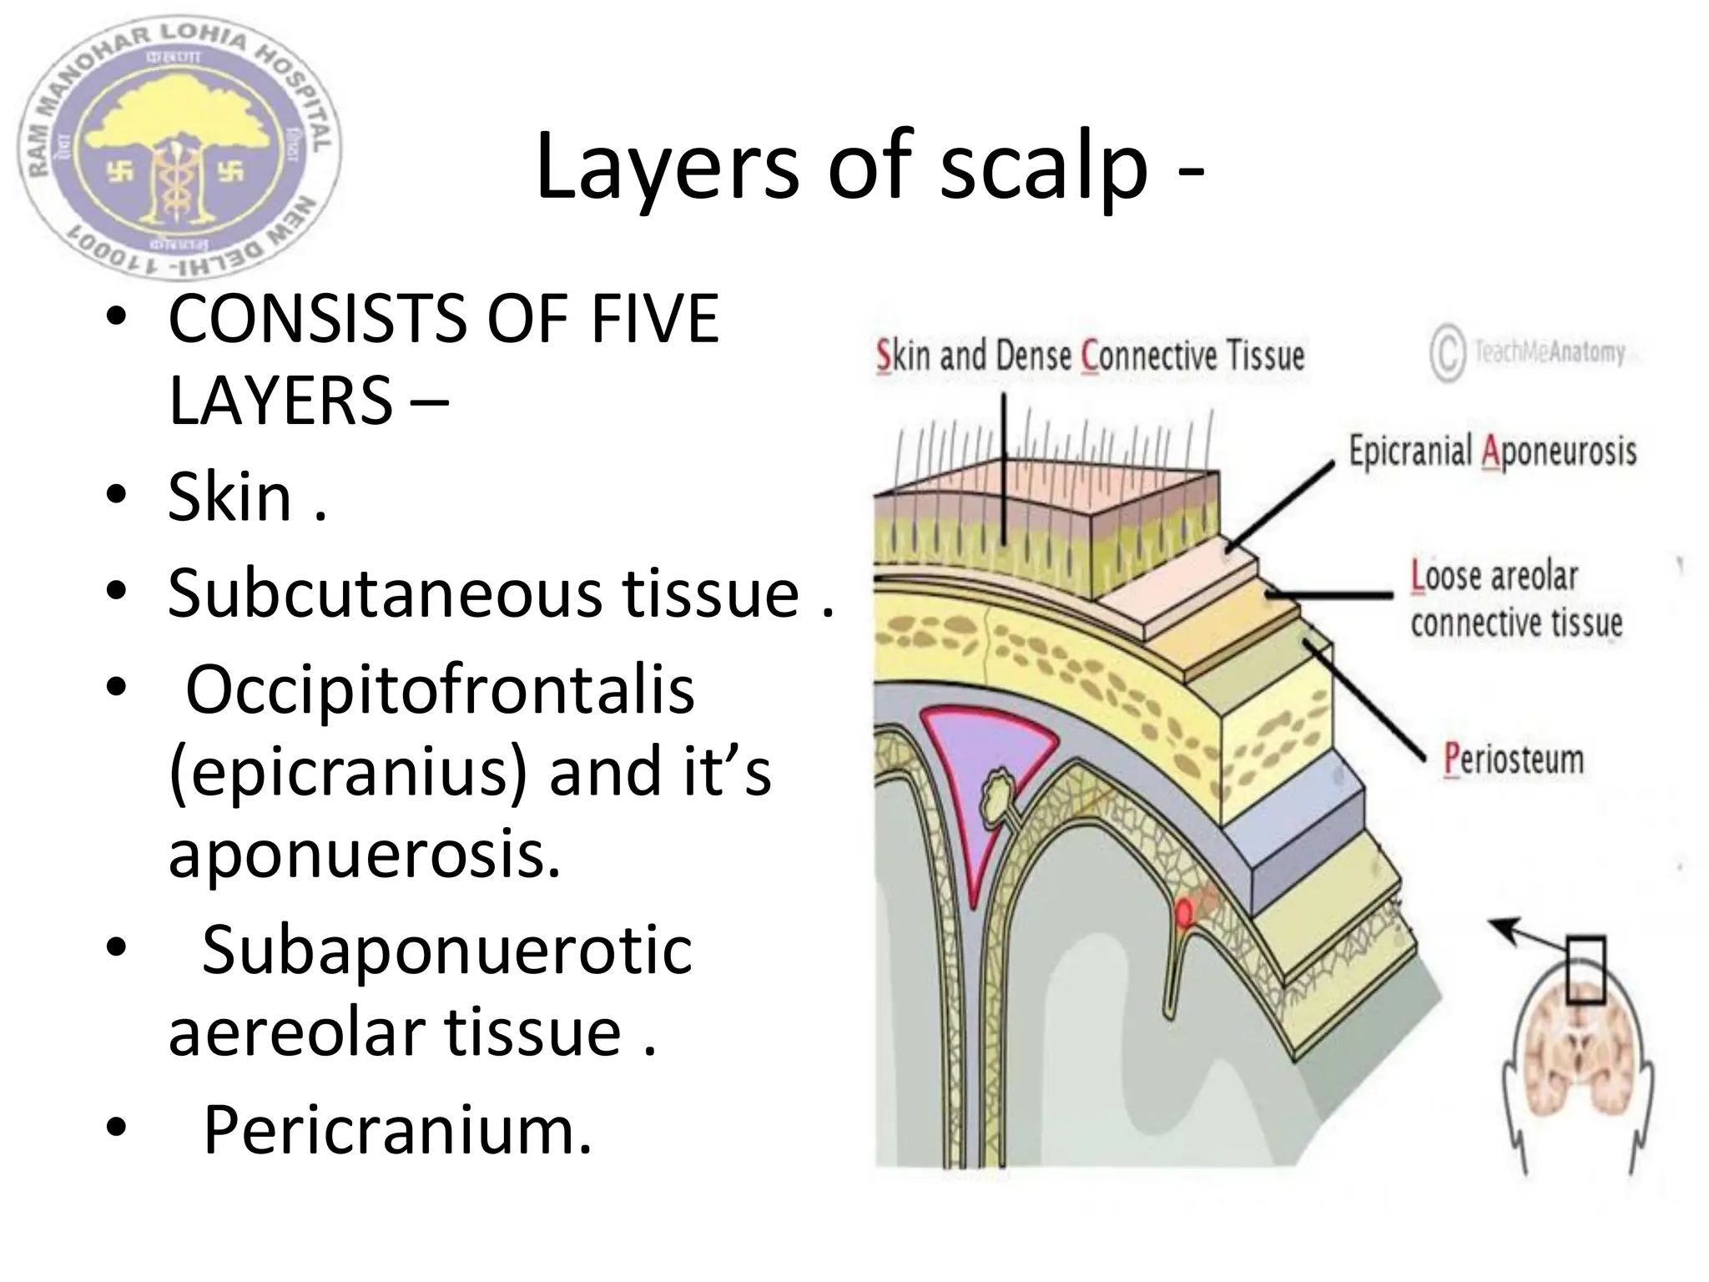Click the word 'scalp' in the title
coord(1044,169)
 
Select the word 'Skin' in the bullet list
coord(230,498)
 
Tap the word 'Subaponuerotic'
coord(446,951)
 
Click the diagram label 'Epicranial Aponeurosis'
coord(1492,452)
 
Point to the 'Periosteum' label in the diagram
coord(1513,760)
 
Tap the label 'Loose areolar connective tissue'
coord(1515,600)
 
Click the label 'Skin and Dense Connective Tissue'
coord(1090,356)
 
